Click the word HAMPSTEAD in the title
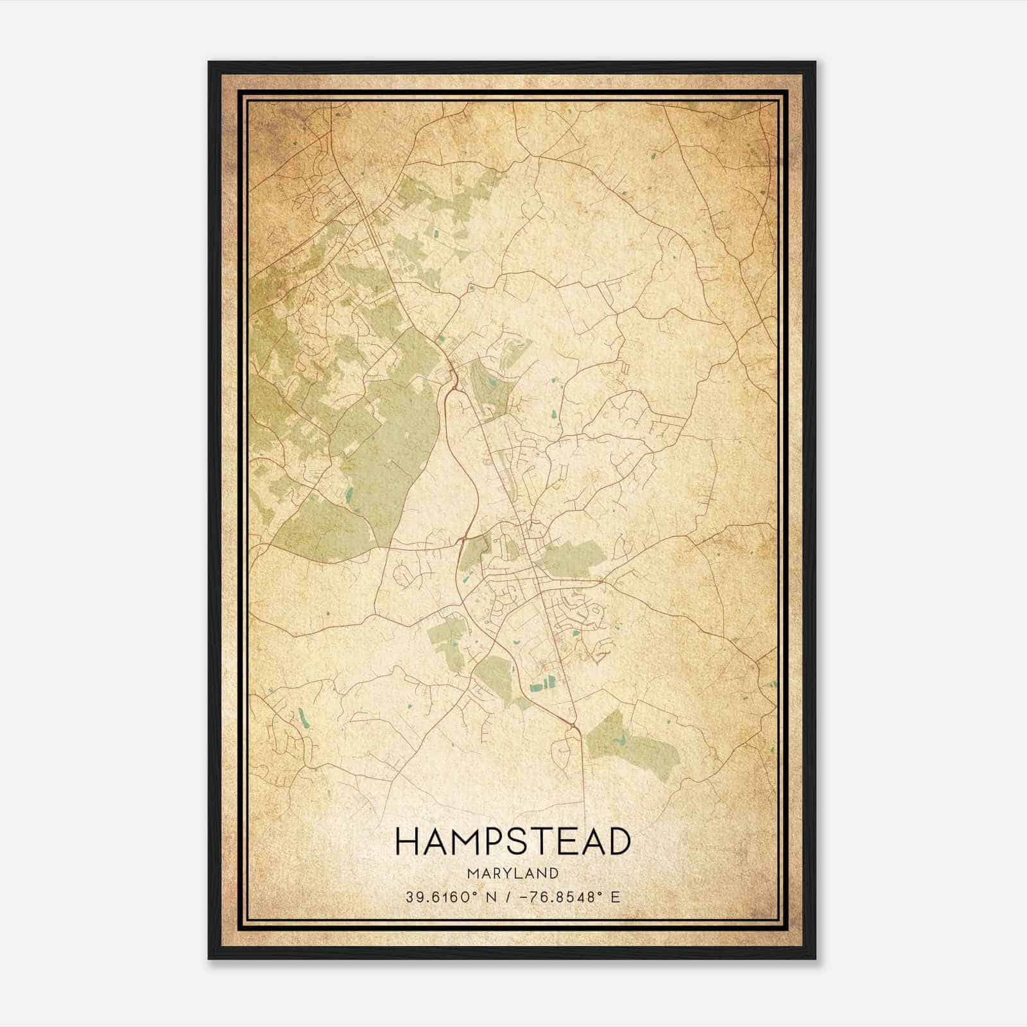[x=513, y=842]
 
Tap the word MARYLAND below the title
[x=513, y=873]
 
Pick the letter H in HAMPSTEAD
[x=408, y=842]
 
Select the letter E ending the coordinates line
[x=615, y=897]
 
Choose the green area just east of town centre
[x=571, y=555]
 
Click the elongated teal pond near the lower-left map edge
[x=302, y=718]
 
